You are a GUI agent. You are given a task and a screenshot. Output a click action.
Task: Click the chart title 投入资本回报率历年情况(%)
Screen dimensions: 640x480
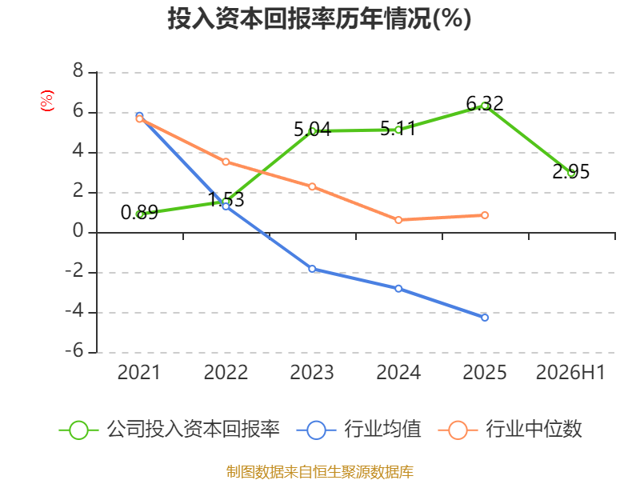coord(319,18)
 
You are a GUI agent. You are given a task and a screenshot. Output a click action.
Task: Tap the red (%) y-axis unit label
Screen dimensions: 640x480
coord(47,101)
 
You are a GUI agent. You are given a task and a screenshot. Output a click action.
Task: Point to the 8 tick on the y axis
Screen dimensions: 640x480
coord(78,71)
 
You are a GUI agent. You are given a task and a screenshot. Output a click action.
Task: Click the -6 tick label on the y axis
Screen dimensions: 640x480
coord(74,351)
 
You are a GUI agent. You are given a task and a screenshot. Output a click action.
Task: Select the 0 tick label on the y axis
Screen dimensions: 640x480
coord(78,231)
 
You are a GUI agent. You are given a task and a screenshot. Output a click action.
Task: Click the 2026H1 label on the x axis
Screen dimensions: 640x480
coord(570,372)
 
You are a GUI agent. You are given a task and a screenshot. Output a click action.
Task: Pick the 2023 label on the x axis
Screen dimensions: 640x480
coord(312,372)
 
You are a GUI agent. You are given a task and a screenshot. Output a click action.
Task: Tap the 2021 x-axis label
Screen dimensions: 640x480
coord(139,372)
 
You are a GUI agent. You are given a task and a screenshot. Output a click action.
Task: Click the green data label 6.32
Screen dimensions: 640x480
coord(485,103)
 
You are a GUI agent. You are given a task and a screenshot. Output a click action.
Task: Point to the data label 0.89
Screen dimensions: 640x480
coord(139,212)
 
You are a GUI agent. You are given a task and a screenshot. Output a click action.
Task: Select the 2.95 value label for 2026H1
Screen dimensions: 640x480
coord(570,171)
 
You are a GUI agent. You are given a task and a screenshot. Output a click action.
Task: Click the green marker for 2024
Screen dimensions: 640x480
coord(398,130)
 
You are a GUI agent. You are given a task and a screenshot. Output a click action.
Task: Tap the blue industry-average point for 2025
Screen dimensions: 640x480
coord(485,318)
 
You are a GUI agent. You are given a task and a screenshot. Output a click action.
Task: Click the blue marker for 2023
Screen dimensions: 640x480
coord(312,269)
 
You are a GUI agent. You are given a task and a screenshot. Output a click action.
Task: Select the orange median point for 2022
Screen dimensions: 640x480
coord(226,162)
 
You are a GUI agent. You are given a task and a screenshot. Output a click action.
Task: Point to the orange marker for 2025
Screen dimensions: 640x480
coord(485,215)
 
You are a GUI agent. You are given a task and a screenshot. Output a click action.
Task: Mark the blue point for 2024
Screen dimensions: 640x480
coord(398,289)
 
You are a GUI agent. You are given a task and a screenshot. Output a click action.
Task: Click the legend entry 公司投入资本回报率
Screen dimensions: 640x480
coord(170,430)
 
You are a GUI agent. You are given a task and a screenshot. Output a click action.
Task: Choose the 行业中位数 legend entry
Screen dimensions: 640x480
coord(510,430)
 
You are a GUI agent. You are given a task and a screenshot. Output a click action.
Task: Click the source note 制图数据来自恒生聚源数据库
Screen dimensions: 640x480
coord(319,472)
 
